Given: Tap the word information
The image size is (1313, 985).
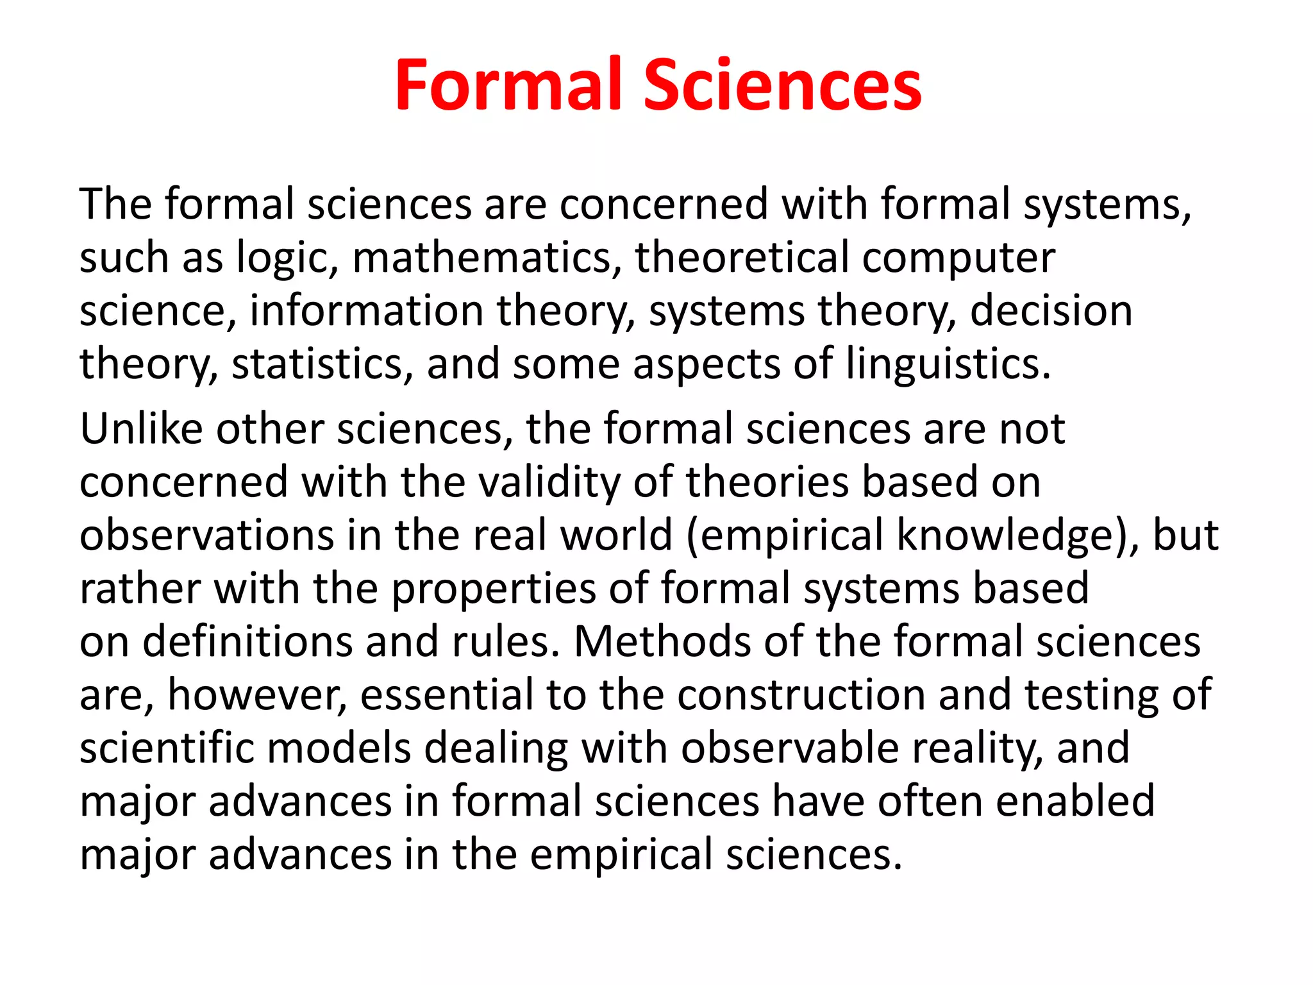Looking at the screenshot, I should (x=366, y=312).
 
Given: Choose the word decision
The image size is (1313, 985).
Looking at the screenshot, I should (x=1051, y=312).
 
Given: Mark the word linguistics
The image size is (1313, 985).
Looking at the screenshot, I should (x=949, y=365).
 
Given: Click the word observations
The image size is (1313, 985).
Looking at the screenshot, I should (x=206, y=536).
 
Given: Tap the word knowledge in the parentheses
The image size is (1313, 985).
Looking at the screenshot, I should (x=1006, y=536).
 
